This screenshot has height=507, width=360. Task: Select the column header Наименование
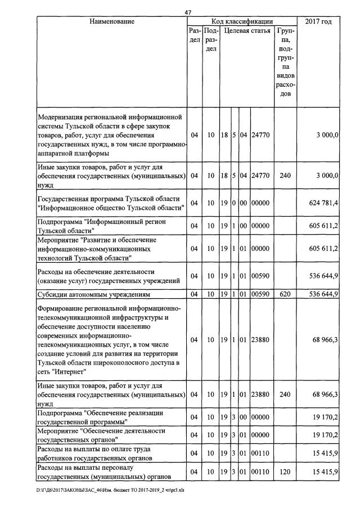(111, 21)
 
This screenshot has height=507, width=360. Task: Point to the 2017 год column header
(318, 21)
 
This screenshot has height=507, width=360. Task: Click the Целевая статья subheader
(246, 32)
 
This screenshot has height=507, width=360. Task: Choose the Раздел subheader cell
(194, 37)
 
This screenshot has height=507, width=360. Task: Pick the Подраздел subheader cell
(211, 41)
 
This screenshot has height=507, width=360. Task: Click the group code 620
(285, 294)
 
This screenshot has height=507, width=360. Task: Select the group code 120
(285, 471)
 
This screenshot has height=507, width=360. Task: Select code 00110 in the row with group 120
(260, 471)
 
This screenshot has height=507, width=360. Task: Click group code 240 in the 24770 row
(285, 176)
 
